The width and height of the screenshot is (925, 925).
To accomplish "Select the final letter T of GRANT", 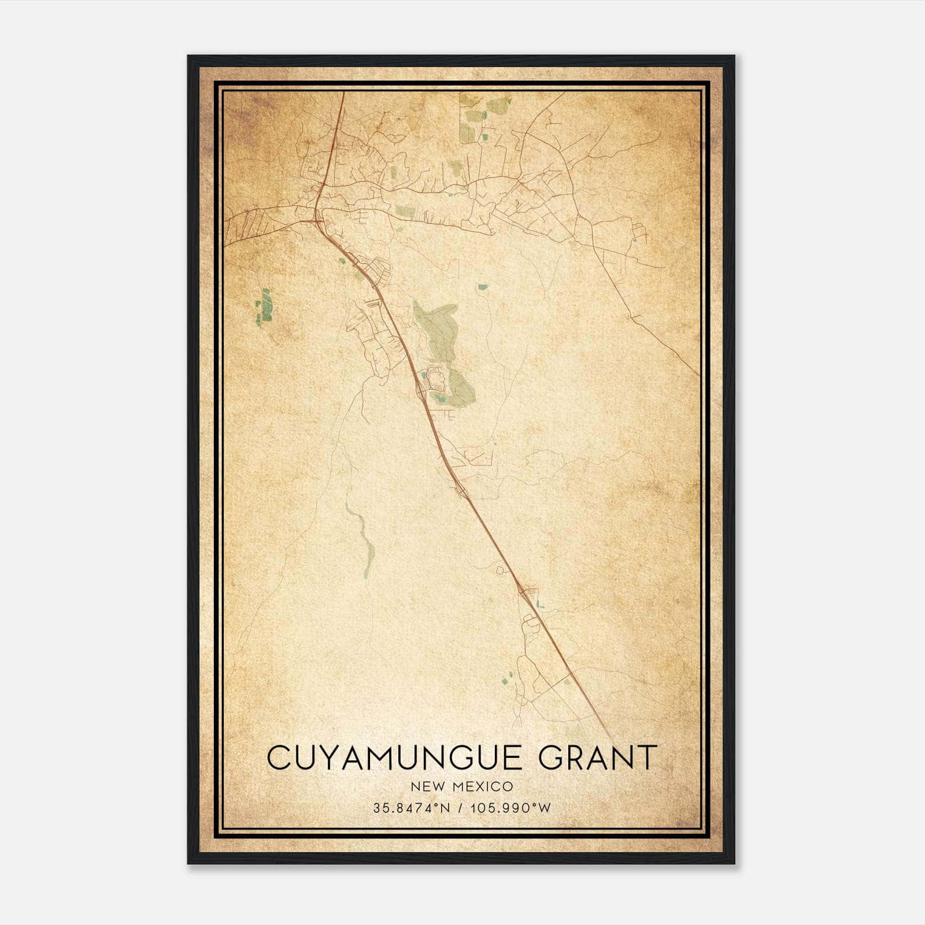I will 647,758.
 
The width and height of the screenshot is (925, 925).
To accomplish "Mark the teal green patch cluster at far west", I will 264,306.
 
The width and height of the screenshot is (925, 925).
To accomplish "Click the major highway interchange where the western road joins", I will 317,219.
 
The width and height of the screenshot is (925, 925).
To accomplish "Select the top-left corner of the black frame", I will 189,57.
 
